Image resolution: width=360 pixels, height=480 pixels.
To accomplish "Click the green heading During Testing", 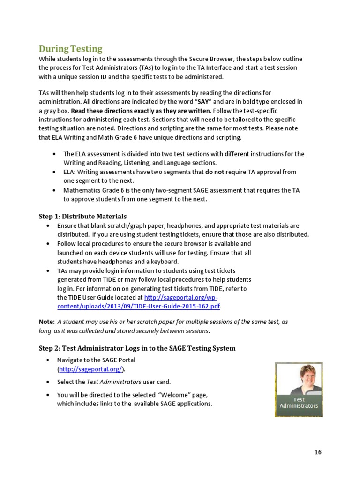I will click(70, 49).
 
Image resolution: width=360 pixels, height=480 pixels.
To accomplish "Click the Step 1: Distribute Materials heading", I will click(82, 216).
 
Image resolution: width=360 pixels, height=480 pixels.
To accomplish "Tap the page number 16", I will click(318, 452).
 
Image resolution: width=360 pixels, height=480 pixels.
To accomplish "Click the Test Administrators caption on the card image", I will click(299, 403).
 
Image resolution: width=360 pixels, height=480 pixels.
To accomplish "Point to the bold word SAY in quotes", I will click(203, 101).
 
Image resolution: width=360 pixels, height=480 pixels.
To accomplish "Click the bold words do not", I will click(216, 172).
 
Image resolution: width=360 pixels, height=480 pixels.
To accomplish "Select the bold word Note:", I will click(46, 322).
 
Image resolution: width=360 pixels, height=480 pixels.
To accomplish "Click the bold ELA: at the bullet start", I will click(70, 172).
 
